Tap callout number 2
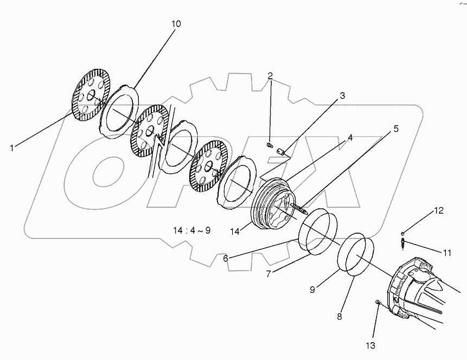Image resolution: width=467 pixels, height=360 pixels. point(270,75)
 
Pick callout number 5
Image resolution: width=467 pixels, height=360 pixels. point(395,128)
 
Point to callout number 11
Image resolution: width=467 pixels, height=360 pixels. point(447,252)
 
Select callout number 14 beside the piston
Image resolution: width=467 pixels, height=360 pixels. point(234,231)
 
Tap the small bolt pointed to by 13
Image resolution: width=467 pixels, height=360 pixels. point(378,301)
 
